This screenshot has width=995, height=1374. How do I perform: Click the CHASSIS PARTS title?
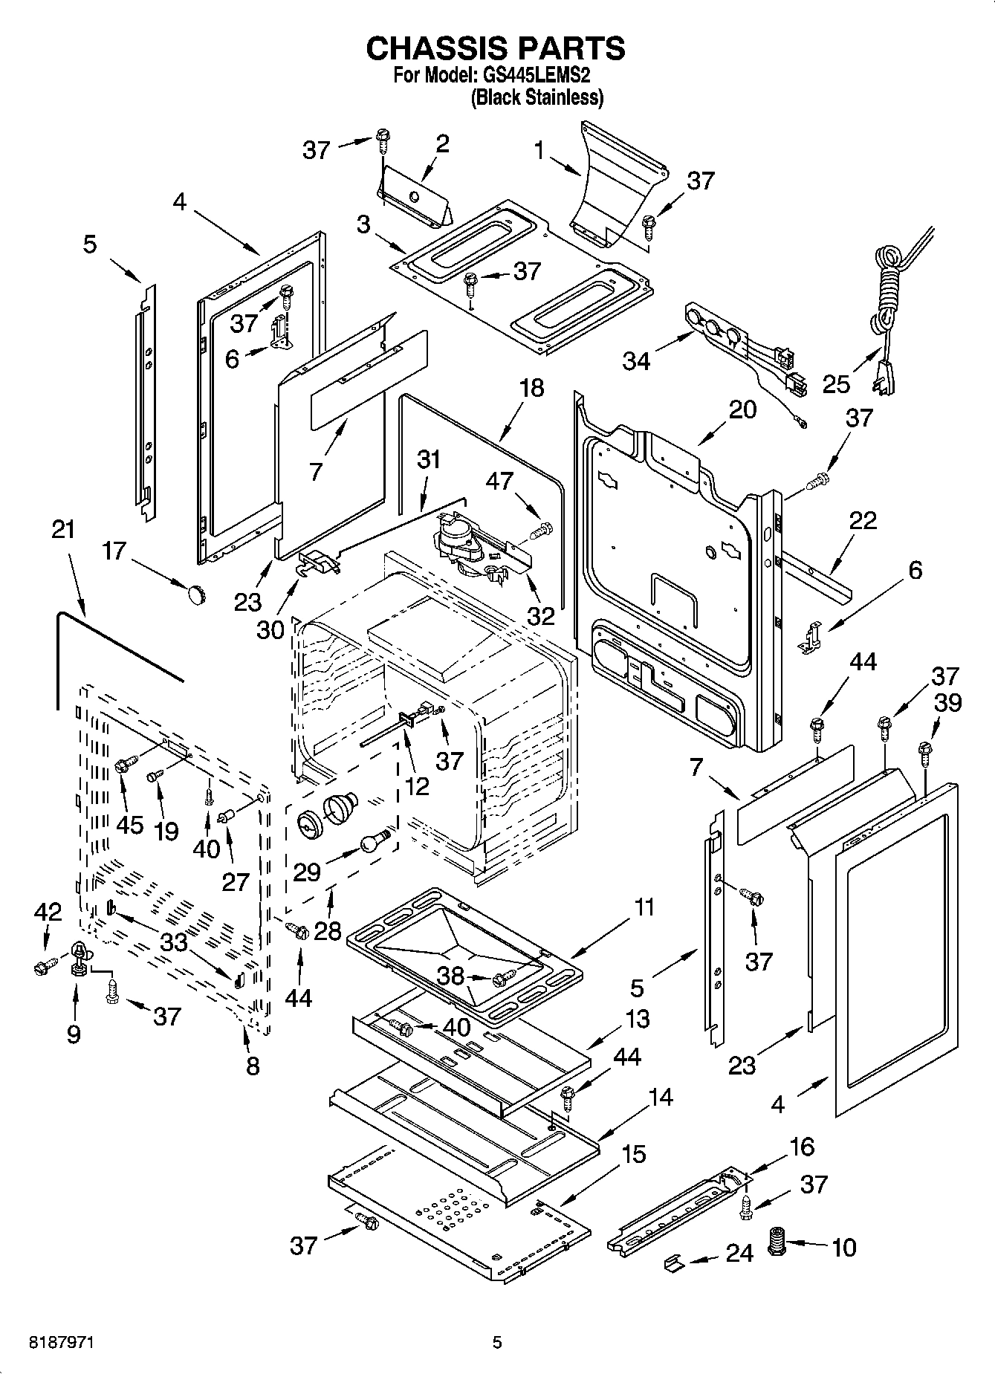point(496,48)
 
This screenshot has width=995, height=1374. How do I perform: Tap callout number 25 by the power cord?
point(837,384)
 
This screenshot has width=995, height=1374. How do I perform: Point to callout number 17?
point(114,551)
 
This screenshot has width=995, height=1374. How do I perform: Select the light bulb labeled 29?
point(375,841)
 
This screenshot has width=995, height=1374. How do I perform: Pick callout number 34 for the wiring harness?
point(636,361)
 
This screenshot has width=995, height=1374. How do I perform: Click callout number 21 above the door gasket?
point(63,530)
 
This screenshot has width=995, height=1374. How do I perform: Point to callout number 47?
point(499,482)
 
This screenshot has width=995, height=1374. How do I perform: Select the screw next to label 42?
point(42,968)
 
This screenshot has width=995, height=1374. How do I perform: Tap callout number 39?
point(949,702)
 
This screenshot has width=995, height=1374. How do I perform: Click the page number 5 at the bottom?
point(497,1343)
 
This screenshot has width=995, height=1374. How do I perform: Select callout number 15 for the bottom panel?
point(633,1154)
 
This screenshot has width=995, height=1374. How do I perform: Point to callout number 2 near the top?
point(442,143)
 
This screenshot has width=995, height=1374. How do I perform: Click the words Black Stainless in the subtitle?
point(537,97)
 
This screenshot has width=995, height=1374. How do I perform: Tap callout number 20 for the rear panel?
point(742,409)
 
